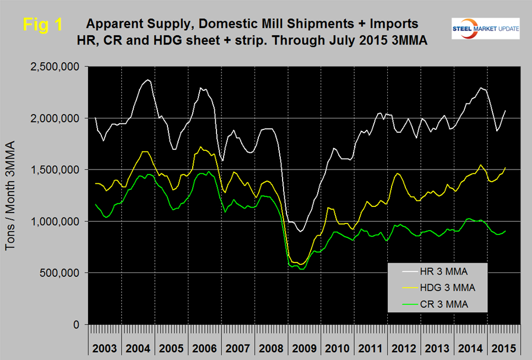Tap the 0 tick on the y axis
click(78, 325)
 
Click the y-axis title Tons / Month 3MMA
click(12, 195)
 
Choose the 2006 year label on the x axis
click(205, 349)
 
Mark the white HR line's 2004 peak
click(146, 80)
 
